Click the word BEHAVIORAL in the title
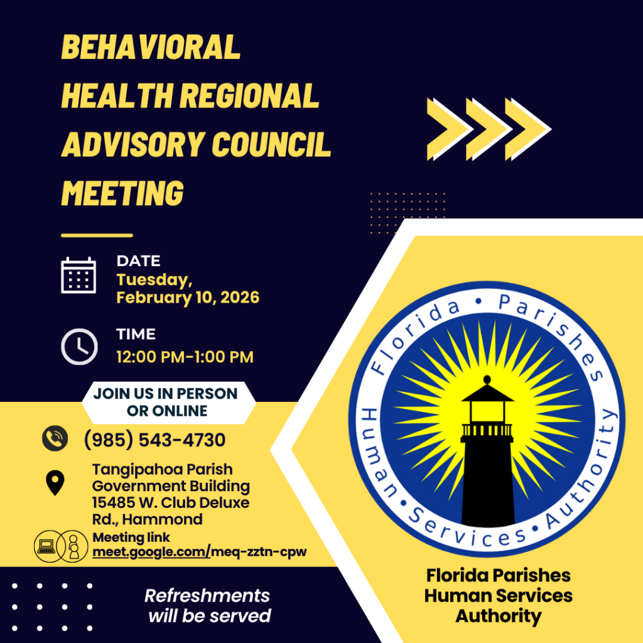[x=151, y=48]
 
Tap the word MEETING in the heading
[x=122, y=193]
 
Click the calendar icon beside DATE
[x=78, y=275]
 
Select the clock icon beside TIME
[x=79, y=346]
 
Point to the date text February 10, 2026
[x=188, y=298]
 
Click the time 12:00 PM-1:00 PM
[x=185, y=357]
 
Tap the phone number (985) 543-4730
[x=154, y=440]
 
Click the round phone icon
[x=55, y=438]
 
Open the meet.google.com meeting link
[x=200, y=552]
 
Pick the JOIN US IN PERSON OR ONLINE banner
[x=166, y=403]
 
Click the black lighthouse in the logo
[x=487, y=458]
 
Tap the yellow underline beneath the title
[x=97, y=235]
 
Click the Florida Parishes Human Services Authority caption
[x=499, y=595]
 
